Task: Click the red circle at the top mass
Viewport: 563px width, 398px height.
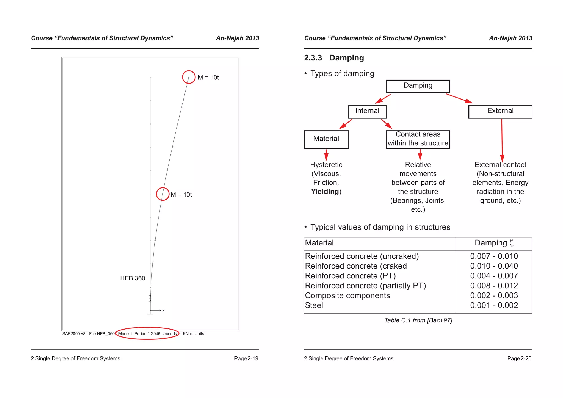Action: coord(189,77)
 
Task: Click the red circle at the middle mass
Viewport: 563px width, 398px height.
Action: coord(163,194)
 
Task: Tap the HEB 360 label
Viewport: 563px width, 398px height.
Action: coord(133,278)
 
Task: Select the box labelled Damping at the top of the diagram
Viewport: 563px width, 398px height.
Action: coord(418,86)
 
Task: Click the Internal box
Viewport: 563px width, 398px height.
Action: coord(367,111)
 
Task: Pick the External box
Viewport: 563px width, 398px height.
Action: coord(500,111)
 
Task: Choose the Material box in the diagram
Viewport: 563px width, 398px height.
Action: coord(326,139)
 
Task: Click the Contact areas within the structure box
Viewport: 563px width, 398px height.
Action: coord(418,139)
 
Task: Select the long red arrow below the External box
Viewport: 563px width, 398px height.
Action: coord(502,140)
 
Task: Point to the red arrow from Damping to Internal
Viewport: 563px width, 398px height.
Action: coord(383,99)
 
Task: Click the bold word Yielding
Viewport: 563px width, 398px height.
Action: coord(325,192)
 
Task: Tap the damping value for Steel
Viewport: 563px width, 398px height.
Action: coord(494,305)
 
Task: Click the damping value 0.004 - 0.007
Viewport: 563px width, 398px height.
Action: coord(494,276)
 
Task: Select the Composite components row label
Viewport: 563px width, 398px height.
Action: coord(347,295)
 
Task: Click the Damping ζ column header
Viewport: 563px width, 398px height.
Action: coord(494,243)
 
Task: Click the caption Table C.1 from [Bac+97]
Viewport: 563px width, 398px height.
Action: coord(418,320)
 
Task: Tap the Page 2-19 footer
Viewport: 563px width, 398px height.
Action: coord(246,358)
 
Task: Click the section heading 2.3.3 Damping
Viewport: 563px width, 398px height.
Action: coord(334,58)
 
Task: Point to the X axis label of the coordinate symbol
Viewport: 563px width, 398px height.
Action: coord(163,311)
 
